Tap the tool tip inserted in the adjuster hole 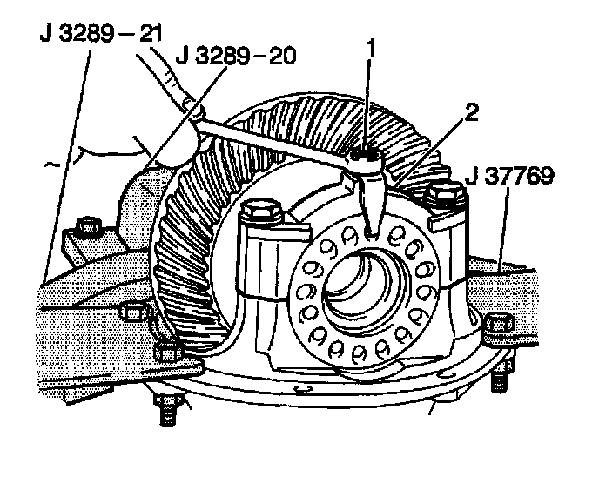tap(374, 229)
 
